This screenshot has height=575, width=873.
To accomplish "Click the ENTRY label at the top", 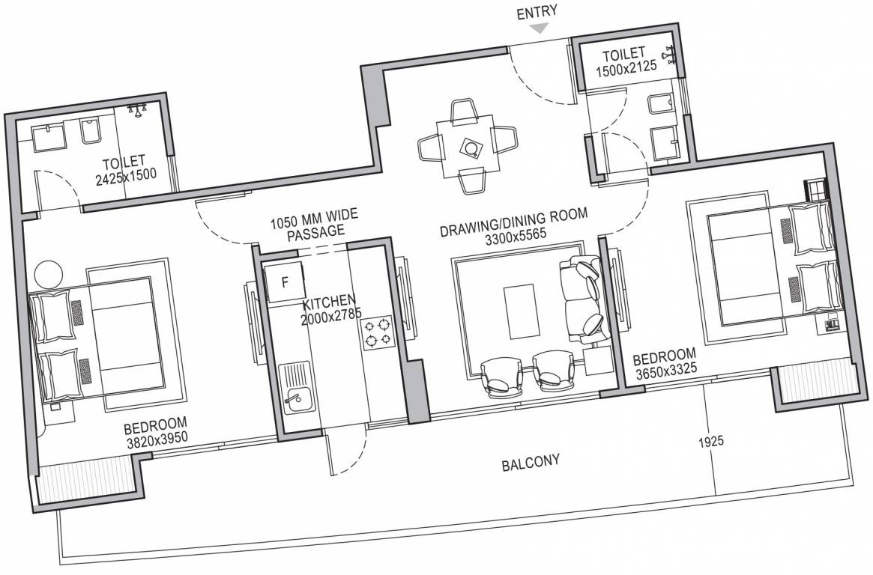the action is tap(536, 12).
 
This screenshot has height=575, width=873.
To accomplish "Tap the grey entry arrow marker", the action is tap(538, 28).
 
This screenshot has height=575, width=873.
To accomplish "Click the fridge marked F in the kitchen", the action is tap(284, 282).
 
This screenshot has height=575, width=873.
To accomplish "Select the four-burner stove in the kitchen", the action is tap(377, 332).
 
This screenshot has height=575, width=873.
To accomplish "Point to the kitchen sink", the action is tap(294, 387).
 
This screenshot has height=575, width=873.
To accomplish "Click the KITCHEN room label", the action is tap(328, 302).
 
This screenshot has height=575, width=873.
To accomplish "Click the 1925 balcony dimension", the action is tap(711, 442).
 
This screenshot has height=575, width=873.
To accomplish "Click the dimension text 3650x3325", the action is tap(666, 371).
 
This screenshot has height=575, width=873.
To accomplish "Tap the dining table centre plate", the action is tap(471, 148).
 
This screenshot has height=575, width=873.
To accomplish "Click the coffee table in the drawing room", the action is tap(522, 311).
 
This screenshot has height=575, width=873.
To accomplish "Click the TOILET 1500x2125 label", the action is tap(626, 61).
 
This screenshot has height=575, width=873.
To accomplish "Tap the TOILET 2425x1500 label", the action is tap(125, 170).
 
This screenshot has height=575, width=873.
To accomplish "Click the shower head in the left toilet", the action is tap(137, 109).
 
